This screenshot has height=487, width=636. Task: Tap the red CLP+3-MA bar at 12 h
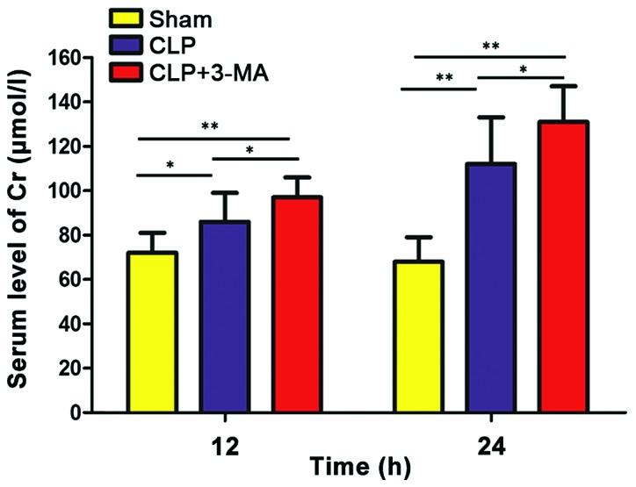(297, 304)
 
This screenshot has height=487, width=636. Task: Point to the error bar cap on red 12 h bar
(297, 176)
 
